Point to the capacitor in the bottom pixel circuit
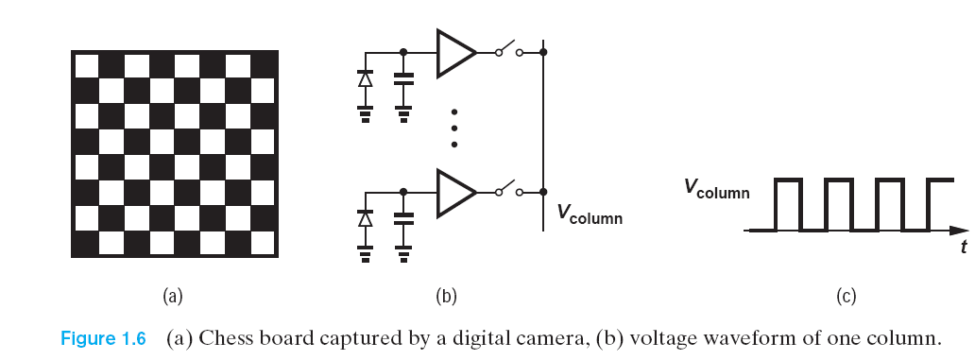point(404,221)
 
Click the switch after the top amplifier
point(509,50)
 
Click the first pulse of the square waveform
point(789,203)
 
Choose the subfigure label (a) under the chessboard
point(172,297)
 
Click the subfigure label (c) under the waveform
point(846,297)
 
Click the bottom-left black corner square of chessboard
point(85,242)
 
